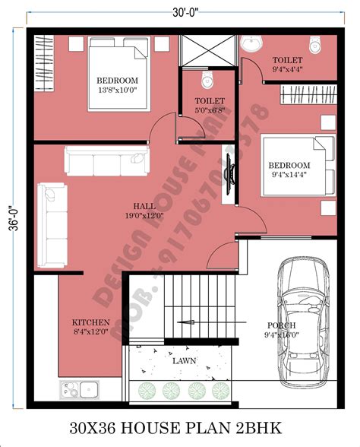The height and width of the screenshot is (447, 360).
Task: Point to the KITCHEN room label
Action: [90, 322]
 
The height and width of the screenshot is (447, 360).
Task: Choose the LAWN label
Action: [183, 361]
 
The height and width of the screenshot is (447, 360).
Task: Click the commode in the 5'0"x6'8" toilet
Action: [207, 80]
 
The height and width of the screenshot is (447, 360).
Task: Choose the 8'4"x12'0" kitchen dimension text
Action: [90, 332]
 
